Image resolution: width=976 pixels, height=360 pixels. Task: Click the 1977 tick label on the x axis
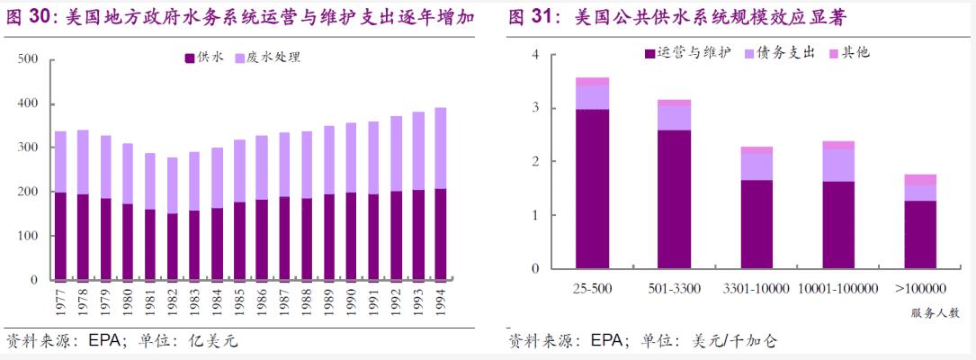pyautogui.click(x=60, y=300)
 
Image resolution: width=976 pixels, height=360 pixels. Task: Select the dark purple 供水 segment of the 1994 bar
pyautogui.click(x=441, y=233)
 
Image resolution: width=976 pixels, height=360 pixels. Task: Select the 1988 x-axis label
pyautogui.click(x=306, y=300)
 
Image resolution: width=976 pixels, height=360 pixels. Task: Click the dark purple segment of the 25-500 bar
pyautogui.click(x=592, y=188)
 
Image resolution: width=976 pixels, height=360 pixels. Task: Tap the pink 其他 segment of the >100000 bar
pyautogui.click(x=920, y=179)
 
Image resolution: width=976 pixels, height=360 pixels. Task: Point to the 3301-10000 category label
pyautogui.click(x=756, y=289)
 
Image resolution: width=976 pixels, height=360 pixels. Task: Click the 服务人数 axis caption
pyautogui.click(x=935, y=313)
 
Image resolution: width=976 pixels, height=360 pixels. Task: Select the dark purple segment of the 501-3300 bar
pyautogui.click(x=674, y=199)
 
